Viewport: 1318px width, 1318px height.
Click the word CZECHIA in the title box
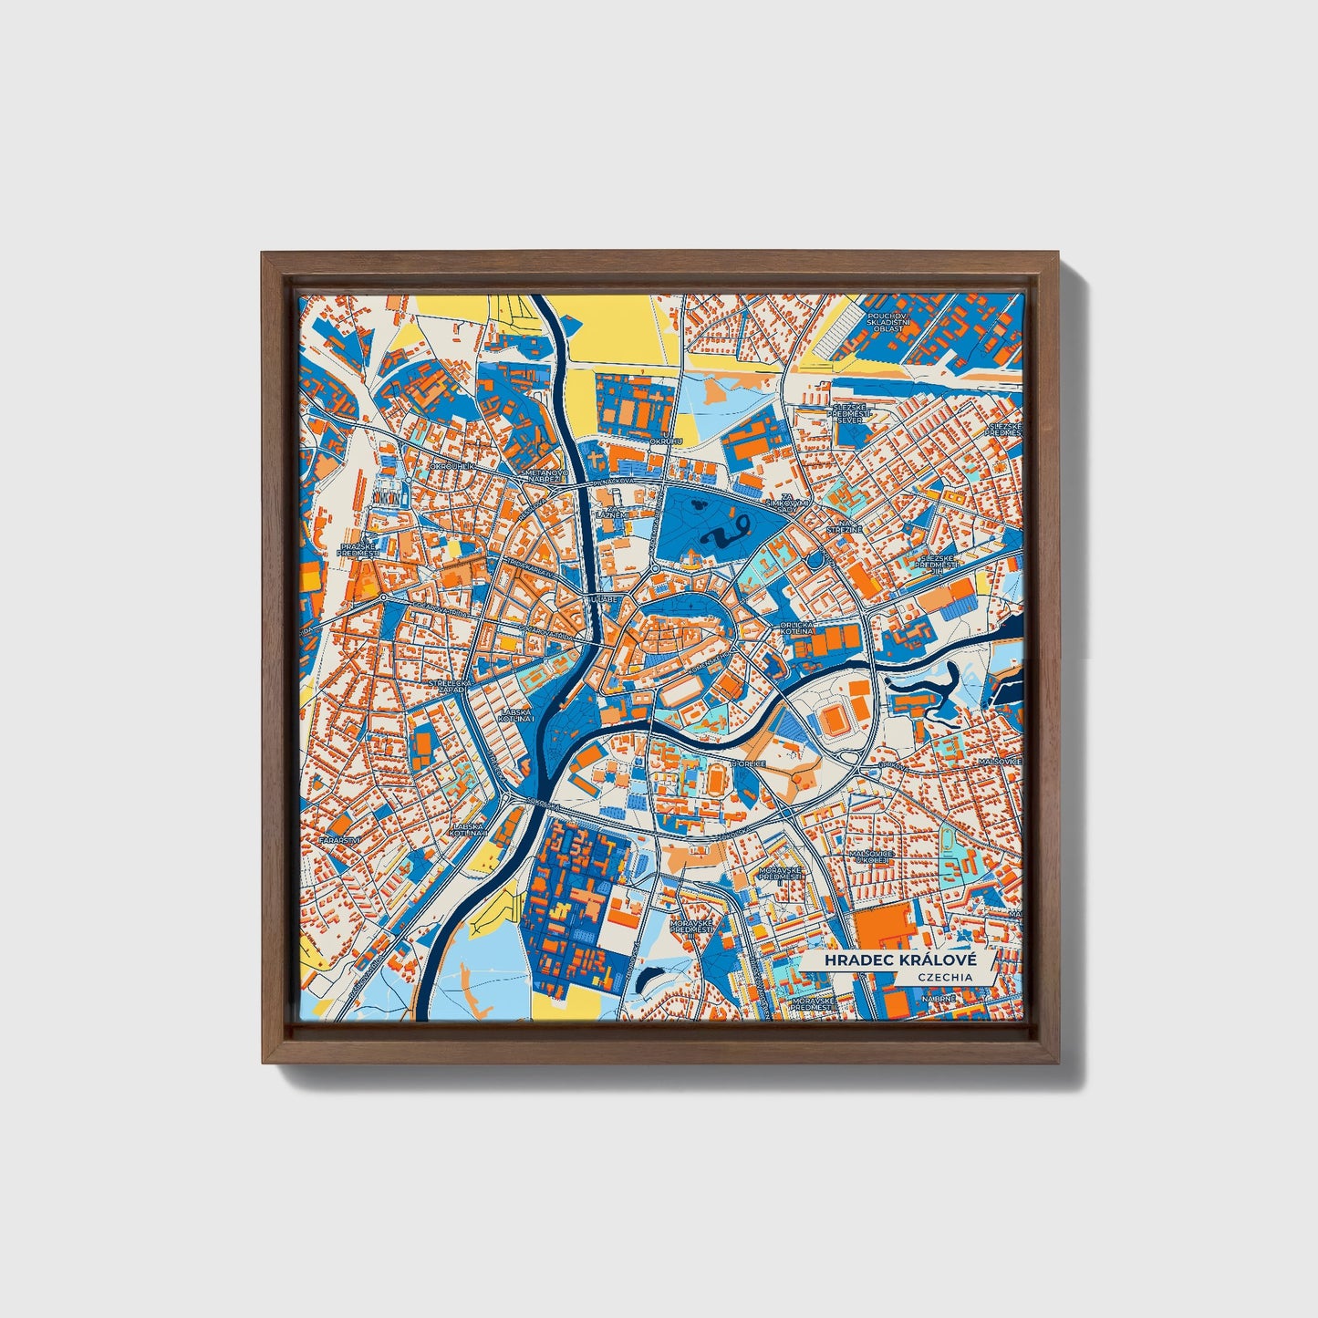(x=945, y=977)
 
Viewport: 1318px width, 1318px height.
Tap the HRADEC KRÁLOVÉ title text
(x=899, y=961)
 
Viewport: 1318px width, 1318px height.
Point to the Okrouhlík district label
(x=453, y=466)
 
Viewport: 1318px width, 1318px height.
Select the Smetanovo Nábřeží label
(x=544, y=477)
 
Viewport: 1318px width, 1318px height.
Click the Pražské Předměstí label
(x=357, y=549)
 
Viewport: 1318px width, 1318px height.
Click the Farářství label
(x=346, y=838)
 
